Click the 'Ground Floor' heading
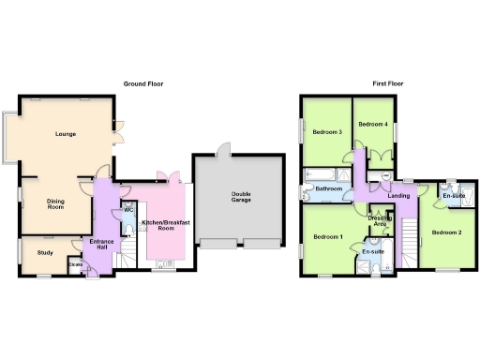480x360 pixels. tap(143, 83)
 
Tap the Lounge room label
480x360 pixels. tap(65, 134)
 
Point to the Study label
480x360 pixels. tap(45, 252)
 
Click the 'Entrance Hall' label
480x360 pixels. tap(100, 245)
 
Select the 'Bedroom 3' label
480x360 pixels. tap(327, 132)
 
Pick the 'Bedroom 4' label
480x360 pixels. tap(372, 125)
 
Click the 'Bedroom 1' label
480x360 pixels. tap(328, 236)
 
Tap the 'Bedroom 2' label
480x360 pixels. tap(445, 231)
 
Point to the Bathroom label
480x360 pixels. tap(328, 189)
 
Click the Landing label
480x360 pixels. tap(398, 195)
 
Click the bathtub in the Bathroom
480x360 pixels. tap(322, 172)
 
